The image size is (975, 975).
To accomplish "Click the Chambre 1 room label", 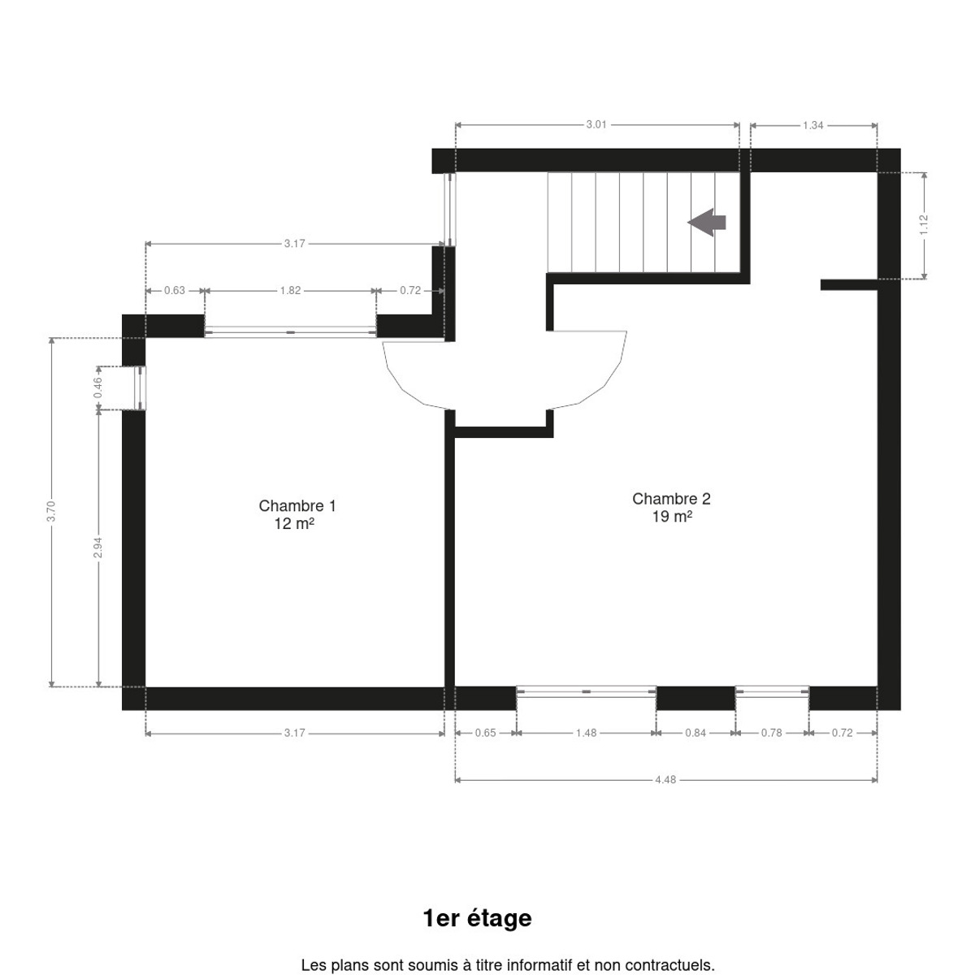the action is (x=297, y=505).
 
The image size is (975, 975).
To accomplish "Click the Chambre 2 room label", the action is (x=671, y=498).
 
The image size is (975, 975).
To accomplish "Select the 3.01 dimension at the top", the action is (x=596, y=124).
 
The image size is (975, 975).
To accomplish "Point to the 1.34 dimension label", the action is (x=813, y=125).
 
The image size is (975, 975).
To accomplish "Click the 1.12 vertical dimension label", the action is (x=924, y=224).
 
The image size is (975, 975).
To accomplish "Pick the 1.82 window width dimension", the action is (x=290, y=290).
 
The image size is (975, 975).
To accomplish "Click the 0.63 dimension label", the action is (x=175, y=290).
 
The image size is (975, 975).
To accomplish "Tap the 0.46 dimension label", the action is (x=98, y=388).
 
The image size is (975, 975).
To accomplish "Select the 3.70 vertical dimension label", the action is (x=51, y=512).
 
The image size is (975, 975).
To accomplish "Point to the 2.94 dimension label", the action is (x=98, y=548).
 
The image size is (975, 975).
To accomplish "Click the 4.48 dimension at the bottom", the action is (x=665, y=780).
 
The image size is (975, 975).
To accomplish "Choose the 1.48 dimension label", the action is (x=587, y=733).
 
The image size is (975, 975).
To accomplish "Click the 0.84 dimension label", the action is (x=695, y=733).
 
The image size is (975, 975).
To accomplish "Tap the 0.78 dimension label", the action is (x=772, y=733).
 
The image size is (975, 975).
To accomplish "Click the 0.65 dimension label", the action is (x=486, y=733).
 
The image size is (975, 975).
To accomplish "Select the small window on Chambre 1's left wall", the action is (x=141, y=388).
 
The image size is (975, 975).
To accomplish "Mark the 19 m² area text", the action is (x=672, y=517).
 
